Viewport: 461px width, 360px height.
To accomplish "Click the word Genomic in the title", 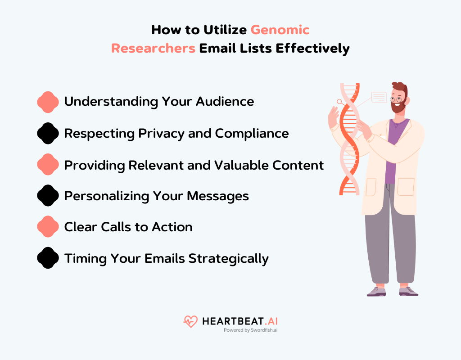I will click(280, 30).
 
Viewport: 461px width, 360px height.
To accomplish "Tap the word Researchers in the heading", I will click(153, 48).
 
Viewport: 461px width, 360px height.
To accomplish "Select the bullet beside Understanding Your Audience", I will click(48, 102).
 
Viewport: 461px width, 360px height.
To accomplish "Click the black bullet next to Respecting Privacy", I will click(48, 133).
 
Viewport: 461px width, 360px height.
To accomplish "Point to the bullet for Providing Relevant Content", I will click(48, 165).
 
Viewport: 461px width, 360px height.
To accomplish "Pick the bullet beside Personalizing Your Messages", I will click(48, 196).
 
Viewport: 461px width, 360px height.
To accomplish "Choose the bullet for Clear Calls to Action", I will click(48, 227).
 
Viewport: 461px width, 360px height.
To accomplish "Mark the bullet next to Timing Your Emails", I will click(48, 258).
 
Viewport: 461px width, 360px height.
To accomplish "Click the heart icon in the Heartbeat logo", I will click(190, 321).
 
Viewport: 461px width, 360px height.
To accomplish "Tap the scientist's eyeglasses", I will click(397, 99).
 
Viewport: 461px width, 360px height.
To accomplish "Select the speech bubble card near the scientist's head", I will click(379, 97).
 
